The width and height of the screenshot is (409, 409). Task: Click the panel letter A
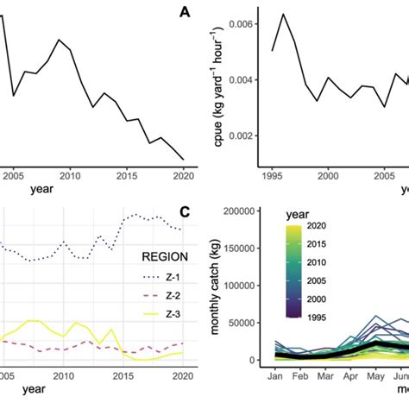(x=185, y=12)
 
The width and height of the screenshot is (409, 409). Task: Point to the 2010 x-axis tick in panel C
(x=63, y=376)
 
